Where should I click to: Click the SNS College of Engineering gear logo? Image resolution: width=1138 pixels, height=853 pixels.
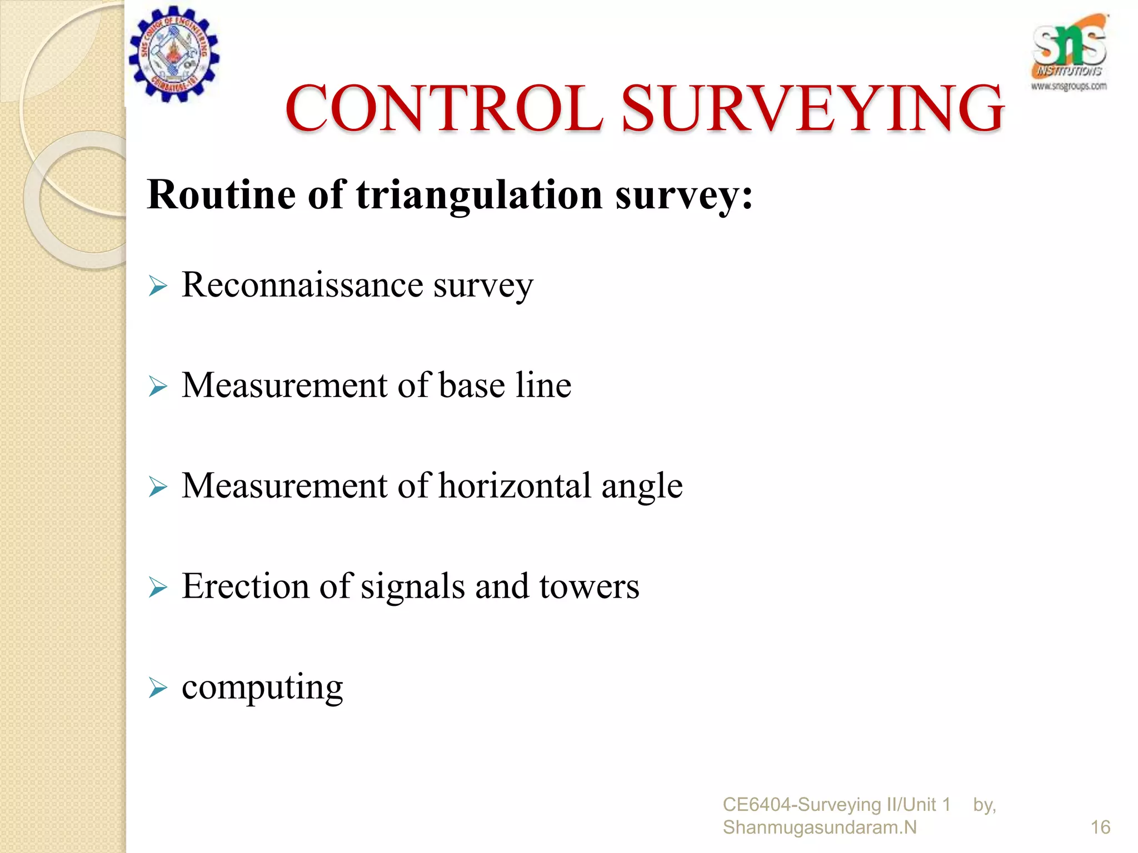[174, 54]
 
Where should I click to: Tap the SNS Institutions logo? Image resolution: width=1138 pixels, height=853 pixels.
[1069, 53]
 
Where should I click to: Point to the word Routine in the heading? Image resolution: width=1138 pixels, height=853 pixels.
[221, 195]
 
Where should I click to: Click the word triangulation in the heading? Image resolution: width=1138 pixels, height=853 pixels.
[479, 196]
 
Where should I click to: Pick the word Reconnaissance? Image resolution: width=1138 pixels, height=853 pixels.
[302, 285]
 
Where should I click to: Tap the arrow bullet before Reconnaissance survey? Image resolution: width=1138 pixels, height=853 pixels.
[158, 287]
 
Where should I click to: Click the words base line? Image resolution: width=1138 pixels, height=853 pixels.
[505, 385]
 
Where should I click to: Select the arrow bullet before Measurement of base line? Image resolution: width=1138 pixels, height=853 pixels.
[158, 387]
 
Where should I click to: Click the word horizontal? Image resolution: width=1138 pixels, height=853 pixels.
[515, 485]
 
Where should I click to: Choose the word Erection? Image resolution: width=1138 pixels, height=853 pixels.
[245, 586]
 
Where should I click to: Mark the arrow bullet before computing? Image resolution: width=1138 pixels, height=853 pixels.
[158, 689]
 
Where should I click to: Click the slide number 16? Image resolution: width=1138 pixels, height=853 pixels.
[1100, 827]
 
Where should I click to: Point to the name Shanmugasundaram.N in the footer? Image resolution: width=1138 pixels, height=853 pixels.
[820, 827]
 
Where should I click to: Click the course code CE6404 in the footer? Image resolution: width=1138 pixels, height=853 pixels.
[757, 804]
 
